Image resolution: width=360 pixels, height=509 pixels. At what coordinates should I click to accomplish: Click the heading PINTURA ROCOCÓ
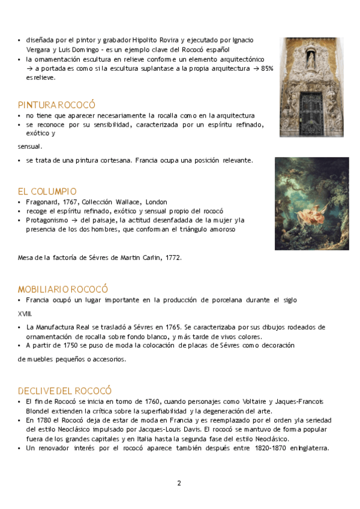56,104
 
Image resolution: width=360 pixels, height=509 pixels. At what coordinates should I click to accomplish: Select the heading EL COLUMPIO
47,191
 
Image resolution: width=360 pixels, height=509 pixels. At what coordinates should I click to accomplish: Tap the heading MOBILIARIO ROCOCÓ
63,289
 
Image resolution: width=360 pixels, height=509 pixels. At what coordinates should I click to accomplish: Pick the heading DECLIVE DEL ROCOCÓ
65,390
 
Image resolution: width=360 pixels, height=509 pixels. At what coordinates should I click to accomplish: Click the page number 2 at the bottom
179,483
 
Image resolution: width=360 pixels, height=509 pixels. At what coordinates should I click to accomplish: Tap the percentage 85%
266,69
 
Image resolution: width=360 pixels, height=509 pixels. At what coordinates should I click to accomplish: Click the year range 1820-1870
271,448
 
